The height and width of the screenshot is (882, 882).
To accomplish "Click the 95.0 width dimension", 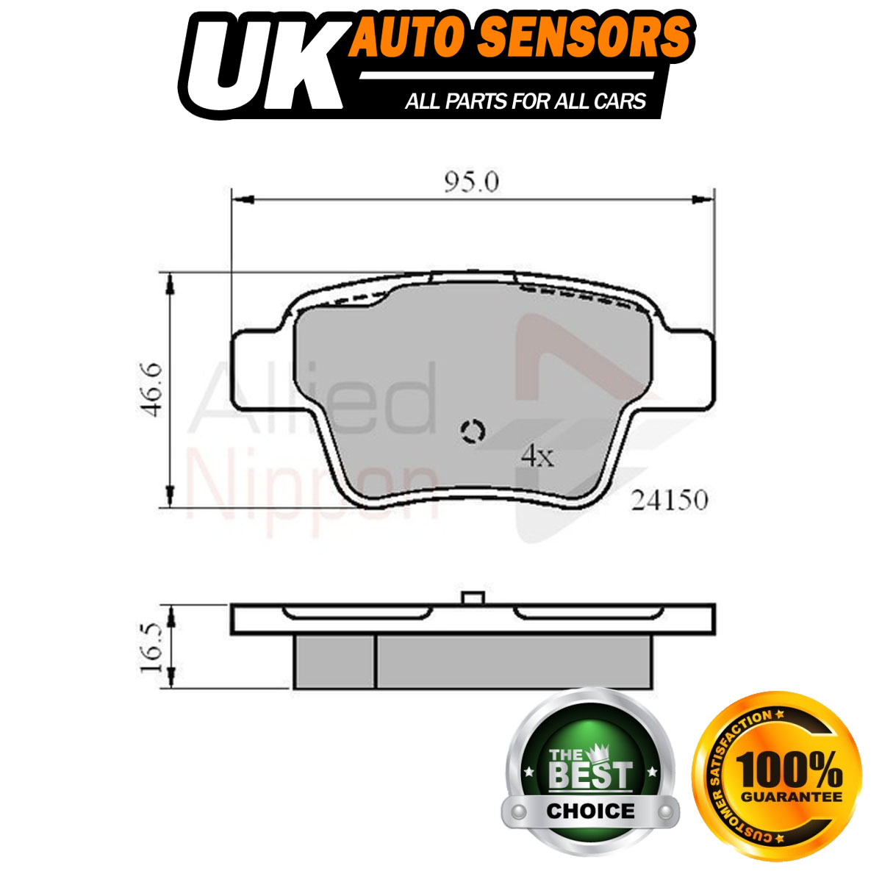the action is pyautogui.click(x=471, y=182).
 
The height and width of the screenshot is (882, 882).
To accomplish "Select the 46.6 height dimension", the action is pyautogui.click(x=151, y=390).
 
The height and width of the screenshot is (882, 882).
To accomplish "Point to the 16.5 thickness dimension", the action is pyautogui.click(x=151, y=647).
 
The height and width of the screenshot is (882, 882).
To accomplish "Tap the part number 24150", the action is pyautogui.click(x=670, y=501).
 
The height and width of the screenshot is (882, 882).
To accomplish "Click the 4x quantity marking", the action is pyautogui.click(x=538, y=456).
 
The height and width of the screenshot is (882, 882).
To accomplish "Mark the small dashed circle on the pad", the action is pyautogui.click(x=473, y=431).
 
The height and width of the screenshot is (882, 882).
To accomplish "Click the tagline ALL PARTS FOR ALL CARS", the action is pyautogui.click(x=526, y=101).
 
